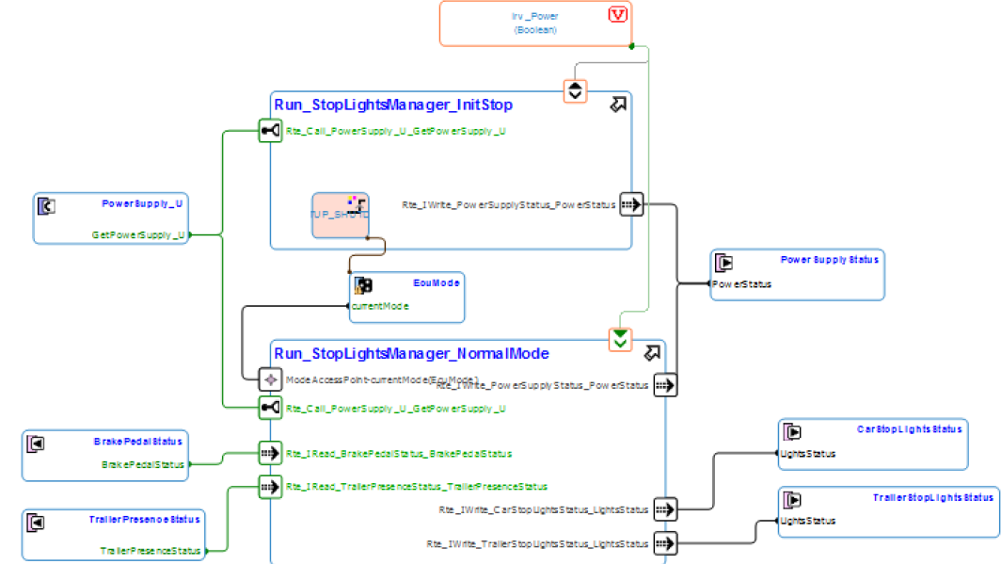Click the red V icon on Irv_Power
pyautogui.click(x=618, y=14)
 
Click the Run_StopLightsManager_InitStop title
pyautogui.click(x=392, y=104)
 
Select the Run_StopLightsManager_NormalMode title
pyautogui.click(x=411, y=353)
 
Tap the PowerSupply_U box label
pyautogui.click(x=142, y=202)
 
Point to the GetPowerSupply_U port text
pyautogui.click(x=137, y=234)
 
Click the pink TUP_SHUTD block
pyautogui.click(x=340, y=216)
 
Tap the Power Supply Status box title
pyautogui.click(x=829, y=260)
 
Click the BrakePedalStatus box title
pyautogui.click(x=137, y=441)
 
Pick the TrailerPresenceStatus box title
pyautogui.click(x=146, y=519)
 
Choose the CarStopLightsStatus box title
pyautogui.click(x=909, y=429)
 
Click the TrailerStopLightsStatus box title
pyautogui.click(x=932, y=497)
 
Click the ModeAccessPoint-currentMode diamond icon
pyautogui.click(x=270, y=379)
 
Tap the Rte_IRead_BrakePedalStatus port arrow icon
pyautogui.click(x=270, y=453)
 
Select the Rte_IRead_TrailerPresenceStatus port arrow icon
pyautogui.click(x=270, y=487)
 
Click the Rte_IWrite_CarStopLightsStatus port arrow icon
pyautogui.click(x=665, y=509)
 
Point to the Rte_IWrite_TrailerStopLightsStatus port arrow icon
pyautogui.click(x=665, y=543)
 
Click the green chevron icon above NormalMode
pyautogui.click(x=619, y=339)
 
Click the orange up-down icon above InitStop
pyautogui.click(x=576, y=90)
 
